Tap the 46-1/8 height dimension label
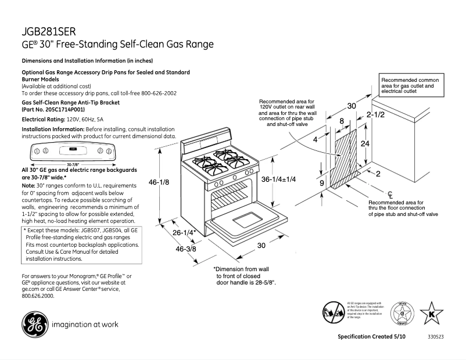click(159, 182)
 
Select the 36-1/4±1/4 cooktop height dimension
click(278, 179)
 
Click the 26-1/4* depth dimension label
click(184, 233)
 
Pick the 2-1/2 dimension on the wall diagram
click(375, 115)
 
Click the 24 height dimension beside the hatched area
click(365, 143)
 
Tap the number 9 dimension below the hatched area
click(321, 183)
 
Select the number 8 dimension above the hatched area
click(342, 121)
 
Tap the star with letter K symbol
click(431, 314)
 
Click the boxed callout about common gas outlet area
click(411, 85)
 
